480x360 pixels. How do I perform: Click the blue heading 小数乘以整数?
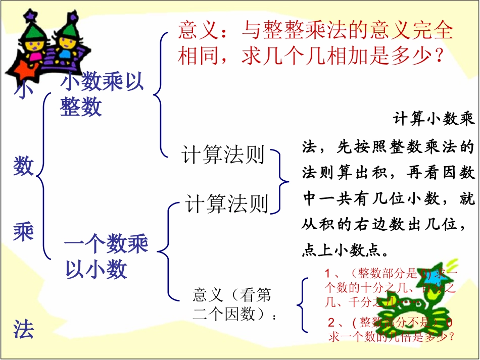coord(102,94)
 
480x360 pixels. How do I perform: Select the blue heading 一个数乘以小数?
coord(106,257)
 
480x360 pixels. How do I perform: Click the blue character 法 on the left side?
coord(23,329)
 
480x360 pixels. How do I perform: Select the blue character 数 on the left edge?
coord(23,165)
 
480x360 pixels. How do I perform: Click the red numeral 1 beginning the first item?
coord(328,274)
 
